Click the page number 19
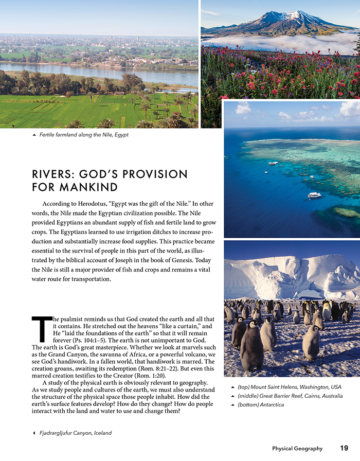coord(344,448)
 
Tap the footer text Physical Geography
coord(297,448)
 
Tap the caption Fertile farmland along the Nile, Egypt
coord(84,135)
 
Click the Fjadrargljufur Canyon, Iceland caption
coord(76,433)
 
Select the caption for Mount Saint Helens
coord(290,387)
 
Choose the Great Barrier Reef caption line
coord(290,396)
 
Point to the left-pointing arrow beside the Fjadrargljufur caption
coord(34,433)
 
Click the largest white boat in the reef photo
coord(314,195)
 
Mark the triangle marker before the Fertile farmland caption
coord(34,135)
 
